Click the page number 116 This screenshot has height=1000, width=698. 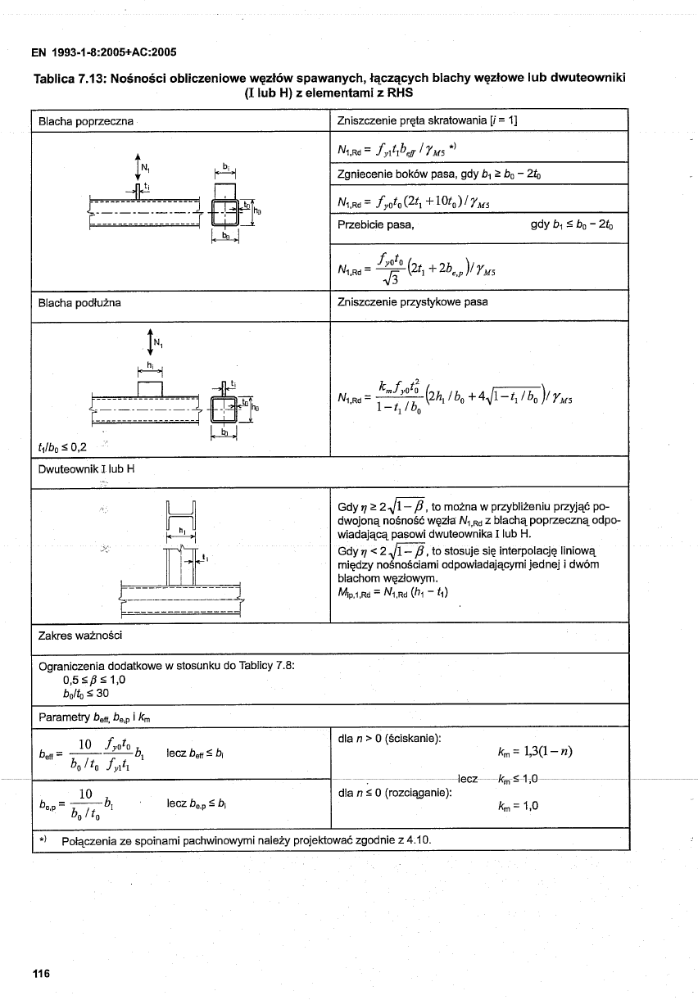[41, 973]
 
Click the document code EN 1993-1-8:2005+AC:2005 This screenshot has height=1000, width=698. [104, 52]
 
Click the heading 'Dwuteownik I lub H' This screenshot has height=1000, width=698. [86, 468]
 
